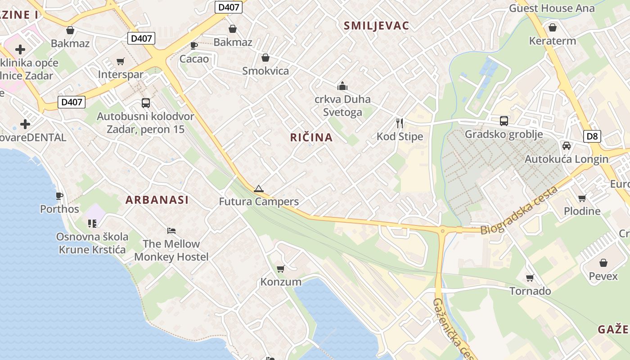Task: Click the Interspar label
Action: click(x=121, y=75)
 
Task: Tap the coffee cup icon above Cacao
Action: click(x=194, y=45)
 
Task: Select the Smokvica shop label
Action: click(x=265, y=71)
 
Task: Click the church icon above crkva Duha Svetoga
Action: click(x=342, y=86)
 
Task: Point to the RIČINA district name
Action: click(x=311, y=138)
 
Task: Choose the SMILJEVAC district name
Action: click(x=376, y=26)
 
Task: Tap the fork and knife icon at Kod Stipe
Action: click(x=400, y=123)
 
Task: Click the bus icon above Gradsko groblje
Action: click(x=504, y=121)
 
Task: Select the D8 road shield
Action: click(x=593, y=136)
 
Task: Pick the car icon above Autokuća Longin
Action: click(x=567, y=146)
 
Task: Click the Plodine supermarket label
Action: click(x=582, y=211)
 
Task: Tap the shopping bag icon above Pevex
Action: click(x=603, y=263)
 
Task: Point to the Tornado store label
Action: click(x=530, y=291)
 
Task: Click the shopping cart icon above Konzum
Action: click(x=281, y=269)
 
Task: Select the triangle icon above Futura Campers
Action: click(x=258, y=189)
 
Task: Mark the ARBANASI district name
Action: click(x=157, y=200)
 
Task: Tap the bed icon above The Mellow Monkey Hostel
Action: click(x=171, y=231)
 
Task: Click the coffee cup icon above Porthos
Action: click(x=59, y=196)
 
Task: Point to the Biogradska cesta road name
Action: click(x=519, y=211)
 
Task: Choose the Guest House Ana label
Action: click(x=552, y=8)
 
